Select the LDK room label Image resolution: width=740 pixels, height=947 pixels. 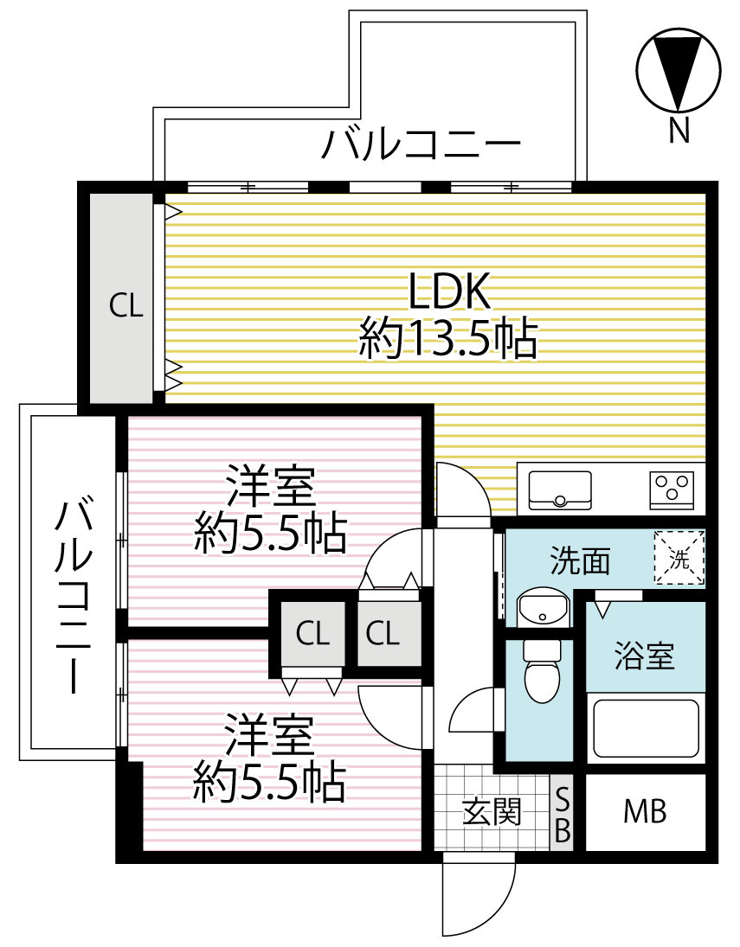pos(449,292)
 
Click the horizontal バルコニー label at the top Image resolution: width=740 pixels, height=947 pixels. pos(421,144)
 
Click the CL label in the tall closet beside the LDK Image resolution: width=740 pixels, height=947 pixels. pos(125,306)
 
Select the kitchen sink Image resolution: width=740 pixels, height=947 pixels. pos(559,489)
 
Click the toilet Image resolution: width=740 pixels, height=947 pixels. pos(543,673)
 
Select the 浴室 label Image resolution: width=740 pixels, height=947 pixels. pos(644,657)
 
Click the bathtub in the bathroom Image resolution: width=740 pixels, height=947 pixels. pos(644,729)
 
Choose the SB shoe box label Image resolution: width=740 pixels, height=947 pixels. pos(562,813)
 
